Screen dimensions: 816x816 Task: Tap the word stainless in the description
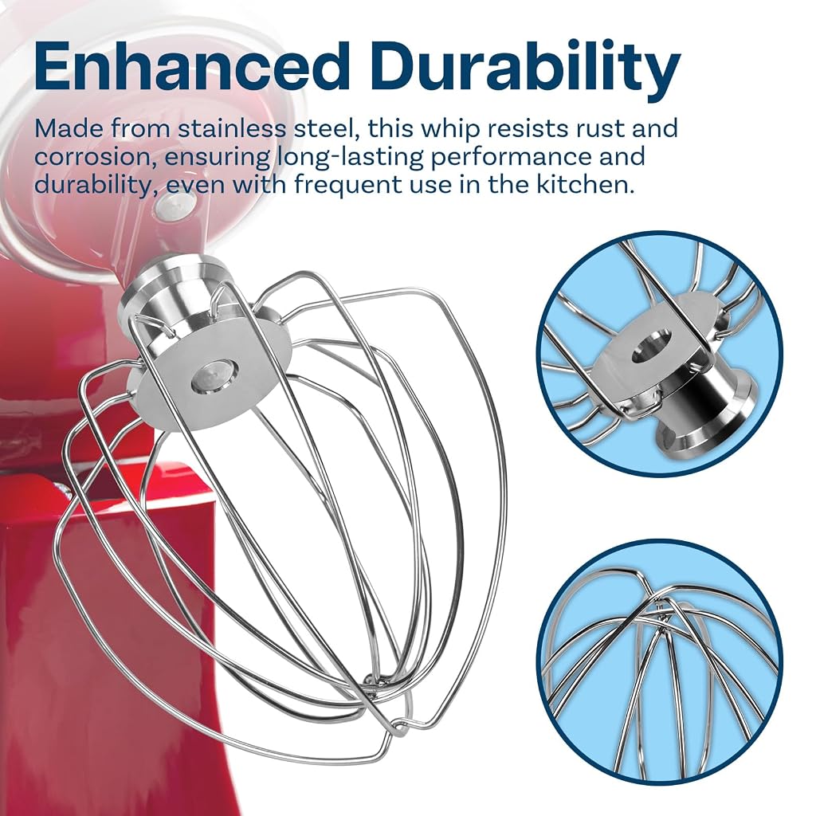pos(232,128)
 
